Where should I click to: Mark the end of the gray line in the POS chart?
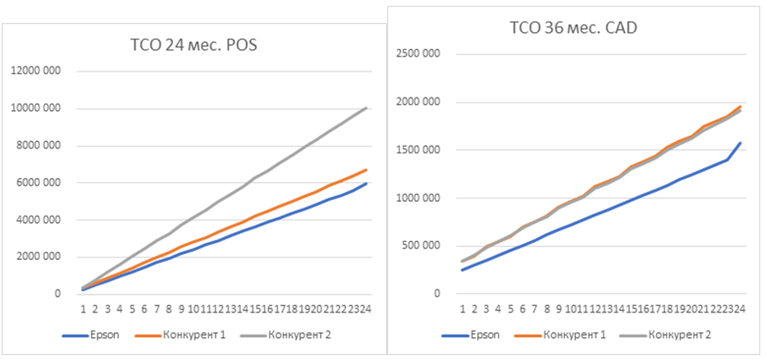tap(366, 107)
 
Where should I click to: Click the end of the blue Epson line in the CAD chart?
tap(741, 143)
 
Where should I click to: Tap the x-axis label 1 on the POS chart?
tap(84, 308)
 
